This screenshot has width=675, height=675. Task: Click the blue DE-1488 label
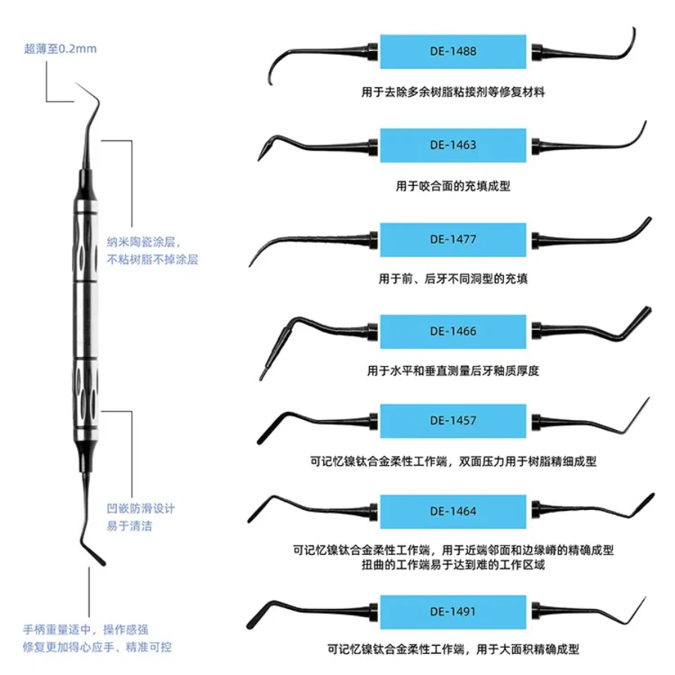(x=453, y=52)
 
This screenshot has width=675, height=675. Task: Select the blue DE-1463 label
(x=453, y=145)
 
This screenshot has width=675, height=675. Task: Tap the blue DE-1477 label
(x=453, y=239)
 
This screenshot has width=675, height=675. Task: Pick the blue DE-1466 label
(x=453, y=331)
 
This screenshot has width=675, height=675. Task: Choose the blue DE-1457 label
(x=453, y=421)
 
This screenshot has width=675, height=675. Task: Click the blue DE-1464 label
(x=453, y=511)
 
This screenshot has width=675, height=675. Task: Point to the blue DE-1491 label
(x=453, y=612)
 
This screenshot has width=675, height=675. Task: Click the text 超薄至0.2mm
(x=60, y=49)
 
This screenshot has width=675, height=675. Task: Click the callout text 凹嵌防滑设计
(x=141, y=508)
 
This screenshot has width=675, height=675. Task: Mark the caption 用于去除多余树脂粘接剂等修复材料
(x=453, y=93)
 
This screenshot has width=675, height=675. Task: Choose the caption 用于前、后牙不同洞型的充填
(x=453, y=278)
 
